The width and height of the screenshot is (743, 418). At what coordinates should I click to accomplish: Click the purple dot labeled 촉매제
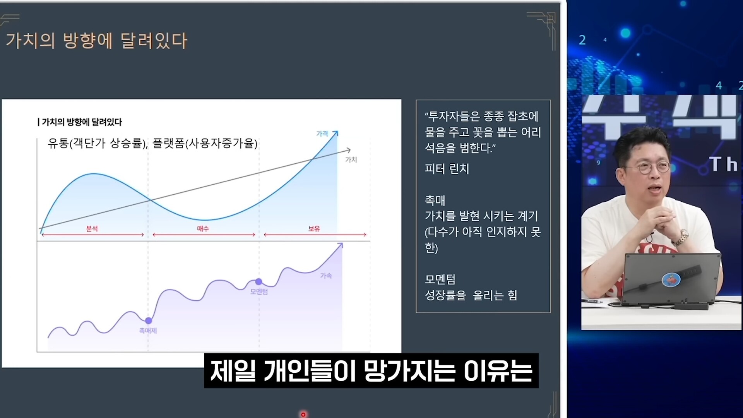point(148,320)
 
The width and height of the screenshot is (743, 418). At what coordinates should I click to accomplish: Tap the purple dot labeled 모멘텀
point(259,281)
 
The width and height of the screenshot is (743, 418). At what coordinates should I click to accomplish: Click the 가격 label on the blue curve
point(322,134)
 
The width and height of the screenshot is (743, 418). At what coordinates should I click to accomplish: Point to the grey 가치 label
point(351,159)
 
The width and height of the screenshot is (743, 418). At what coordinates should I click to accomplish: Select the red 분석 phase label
point(92,229)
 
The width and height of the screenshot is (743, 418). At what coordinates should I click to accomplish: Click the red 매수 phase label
point(203,229)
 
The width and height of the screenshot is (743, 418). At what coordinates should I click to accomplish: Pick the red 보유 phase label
point(314,229)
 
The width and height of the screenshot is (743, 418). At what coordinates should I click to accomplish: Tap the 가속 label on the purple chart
point(326,276)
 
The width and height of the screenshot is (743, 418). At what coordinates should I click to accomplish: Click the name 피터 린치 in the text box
point(447,169)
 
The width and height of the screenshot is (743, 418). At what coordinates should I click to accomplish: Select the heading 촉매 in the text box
point(435,200)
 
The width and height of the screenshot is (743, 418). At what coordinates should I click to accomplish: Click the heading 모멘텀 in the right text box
point(440,279)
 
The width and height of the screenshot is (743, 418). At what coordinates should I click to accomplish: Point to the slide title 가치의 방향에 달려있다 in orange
point(96,40)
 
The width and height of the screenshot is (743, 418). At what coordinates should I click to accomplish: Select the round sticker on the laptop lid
point(671,279)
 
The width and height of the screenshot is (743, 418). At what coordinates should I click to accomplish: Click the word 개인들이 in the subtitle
point(310,370)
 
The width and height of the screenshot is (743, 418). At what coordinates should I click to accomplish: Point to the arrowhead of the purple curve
point(340,245)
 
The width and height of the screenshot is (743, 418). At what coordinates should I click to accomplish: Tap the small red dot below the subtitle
point(303,415)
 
